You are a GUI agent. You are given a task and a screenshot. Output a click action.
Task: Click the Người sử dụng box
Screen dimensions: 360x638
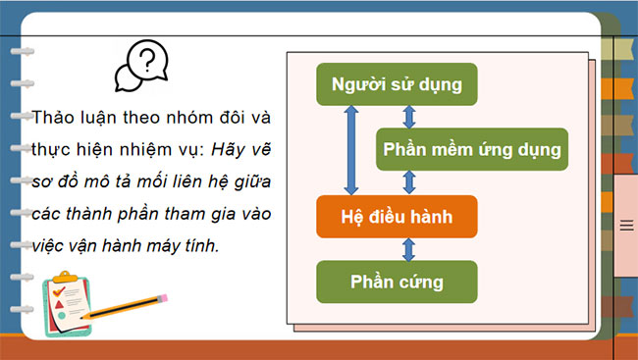point(397,84)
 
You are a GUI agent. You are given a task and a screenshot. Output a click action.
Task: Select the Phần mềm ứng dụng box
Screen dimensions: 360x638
point(471,150)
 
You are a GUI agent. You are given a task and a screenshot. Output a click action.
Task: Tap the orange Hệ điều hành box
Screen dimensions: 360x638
point(397,215)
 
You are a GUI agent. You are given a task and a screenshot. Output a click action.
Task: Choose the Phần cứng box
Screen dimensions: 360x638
point(397,282)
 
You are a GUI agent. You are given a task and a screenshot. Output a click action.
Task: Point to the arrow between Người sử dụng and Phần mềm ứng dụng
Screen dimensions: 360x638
point(409,116)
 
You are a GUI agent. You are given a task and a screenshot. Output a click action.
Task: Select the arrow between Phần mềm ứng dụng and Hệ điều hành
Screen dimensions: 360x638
point(409,182)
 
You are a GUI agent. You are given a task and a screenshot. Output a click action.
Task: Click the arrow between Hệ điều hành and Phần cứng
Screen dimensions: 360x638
point(398,248)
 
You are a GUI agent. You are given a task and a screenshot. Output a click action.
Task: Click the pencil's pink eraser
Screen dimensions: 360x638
point(163,293)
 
